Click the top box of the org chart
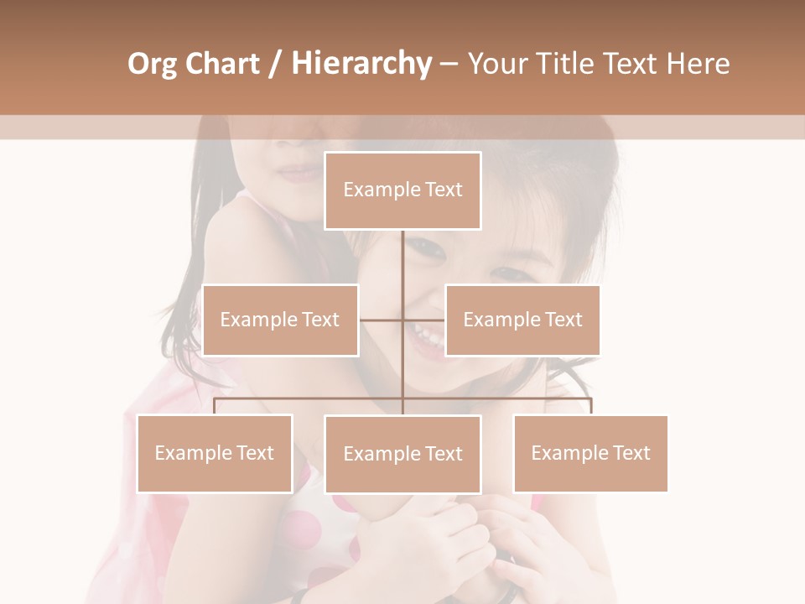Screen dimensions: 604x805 point(402,190)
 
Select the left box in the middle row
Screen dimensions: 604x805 point(280,320)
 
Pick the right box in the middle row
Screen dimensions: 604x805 point(522,320)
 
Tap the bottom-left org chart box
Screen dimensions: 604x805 point(215,453)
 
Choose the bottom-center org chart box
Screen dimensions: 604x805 point(402,454)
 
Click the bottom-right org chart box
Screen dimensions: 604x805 point(590,453)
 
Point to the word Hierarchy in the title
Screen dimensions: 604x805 point(361,64)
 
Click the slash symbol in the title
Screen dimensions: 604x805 point(276,64)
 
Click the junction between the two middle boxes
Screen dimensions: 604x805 point(402,320)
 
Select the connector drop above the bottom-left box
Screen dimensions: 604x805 point(215,406)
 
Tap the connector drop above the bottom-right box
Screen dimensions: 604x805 point(590,406)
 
